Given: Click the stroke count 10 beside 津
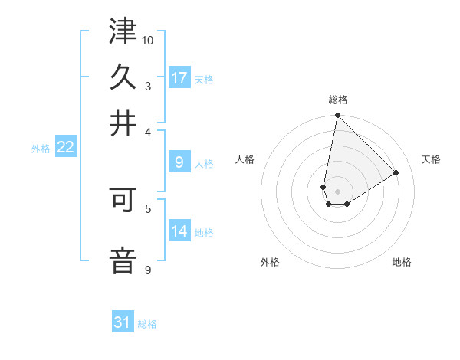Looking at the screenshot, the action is point(148,40).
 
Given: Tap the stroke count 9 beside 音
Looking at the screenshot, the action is point(147,270).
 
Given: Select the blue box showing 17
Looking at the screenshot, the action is point(179,77).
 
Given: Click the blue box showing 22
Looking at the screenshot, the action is point(65,147).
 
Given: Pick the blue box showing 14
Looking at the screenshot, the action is point(179,231).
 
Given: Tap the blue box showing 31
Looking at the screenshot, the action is point(123,322).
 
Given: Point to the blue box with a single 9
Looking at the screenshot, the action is point(179,162).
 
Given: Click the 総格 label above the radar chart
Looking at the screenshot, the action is point(338,100).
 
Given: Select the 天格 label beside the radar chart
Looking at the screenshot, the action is point(431,159).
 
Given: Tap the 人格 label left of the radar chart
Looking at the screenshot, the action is point(245,159).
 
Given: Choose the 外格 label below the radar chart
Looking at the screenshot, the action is point(270,262).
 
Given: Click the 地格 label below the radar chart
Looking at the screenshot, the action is point(402,262).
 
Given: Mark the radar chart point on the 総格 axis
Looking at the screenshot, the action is point(337,116).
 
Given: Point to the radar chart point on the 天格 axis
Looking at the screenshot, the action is point(396,172).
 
